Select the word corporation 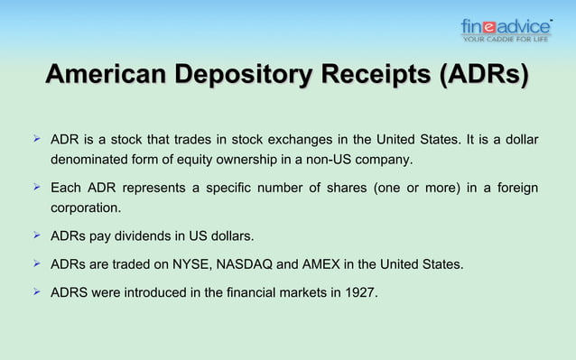[84, 207]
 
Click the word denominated [88, 161]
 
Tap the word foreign [515, 188]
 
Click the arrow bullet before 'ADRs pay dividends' [37, 236]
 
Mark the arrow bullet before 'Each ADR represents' [37, 187]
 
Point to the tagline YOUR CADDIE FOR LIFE [506, 39]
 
